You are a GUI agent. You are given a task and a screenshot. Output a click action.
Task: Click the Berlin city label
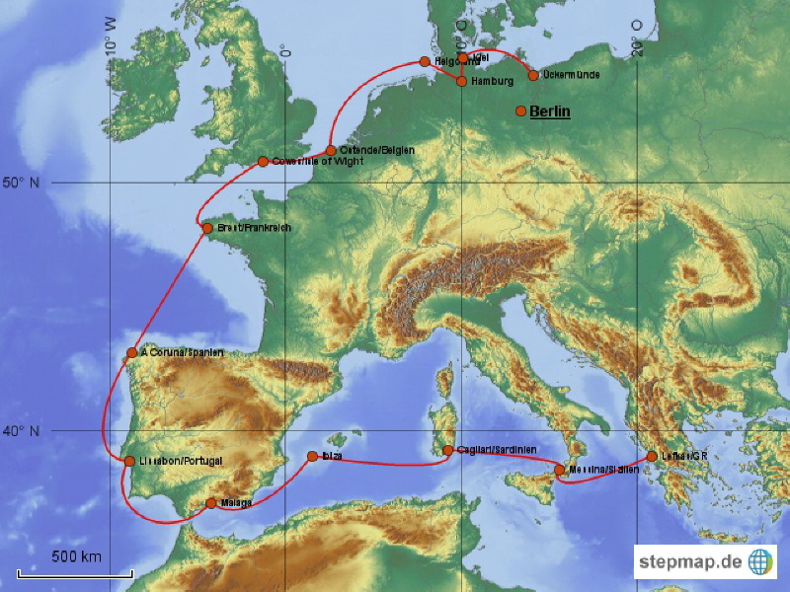(x=550, y=111)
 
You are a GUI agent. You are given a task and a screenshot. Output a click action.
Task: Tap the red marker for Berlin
(x=520, y=111)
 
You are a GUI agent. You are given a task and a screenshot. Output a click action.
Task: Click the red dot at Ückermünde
(x=534, y=75)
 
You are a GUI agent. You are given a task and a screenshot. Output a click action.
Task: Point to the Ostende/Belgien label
(x=376, y=150)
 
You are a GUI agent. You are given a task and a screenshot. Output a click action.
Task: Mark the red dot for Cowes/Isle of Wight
(x=263, y=162)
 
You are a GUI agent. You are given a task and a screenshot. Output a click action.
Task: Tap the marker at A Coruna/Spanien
(x=132, y=352)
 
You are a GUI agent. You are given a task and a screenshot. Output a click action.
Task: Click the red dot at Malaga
(x=211, y=503)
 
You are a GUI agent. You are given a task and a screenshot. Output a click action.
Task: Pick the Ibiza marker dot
(x=312, y=456)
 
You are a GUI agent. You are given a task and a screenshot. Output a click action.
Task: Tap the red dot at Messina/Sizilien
(x=560, y=470)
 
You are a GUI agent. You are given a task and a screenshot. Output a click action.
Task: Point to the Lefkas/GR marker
(x=652, y=456)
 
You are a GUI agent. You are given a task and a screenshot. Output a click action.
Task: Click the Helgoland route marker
(x=426, y=61)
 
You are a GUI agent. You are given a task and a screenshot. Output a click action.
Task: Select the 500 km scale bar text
(x=76, y=556)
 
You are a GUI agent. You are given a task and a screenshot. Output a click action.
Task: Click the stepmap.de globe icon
(x=761, y=561)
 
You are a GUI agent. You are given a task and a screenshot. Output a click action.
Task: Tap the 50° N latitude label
(x=23, y=183)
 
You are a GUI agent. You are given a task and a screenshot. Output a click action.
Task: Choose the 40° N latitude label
(x=23, y=431)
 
